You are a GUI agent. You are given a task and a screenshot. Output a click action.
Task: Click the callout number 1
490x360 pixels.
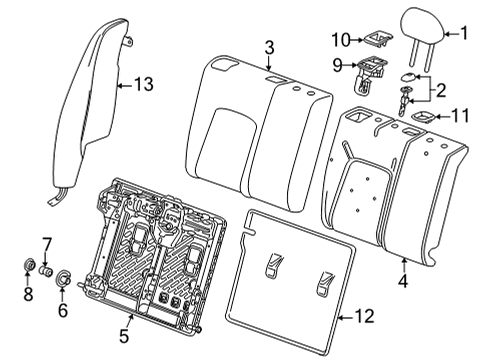463,33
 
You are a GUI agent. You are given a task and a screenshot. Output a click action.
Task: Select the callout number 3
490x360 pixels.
268,47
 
